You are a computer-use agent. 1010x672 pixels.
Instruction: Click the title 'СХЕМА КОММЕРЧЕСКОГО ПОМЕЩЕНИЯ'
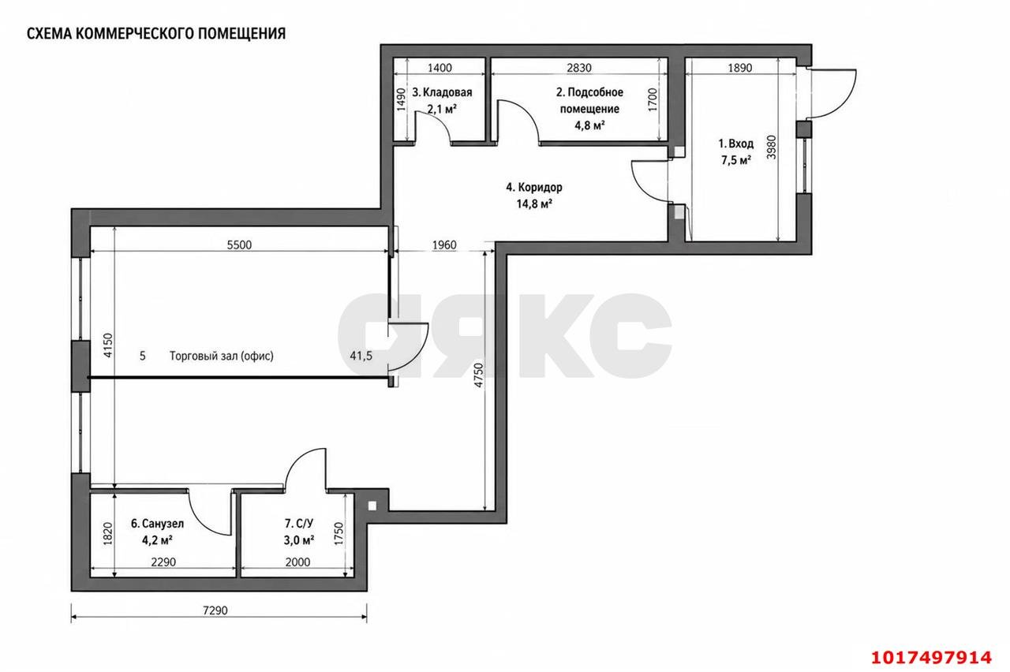point(156,34)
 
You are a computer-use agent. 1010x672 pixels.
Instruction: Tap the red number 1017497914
point(931,658)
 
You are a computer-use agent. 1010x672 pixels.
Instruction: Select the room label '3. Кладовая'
point(442,92)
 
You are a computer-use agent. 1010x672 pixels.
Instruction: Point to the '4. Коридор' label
point(534,187)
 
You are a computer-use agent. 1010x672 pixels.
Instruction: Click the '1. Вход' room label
point(736,144)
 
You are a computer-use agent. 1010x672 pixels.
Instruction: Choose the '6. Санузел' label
point(157,524)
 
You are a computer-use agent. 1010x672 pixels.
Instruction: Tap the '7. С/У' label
point(298,524)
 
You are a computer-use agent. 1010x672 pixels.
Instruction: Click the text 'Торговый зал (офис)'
point(222,356)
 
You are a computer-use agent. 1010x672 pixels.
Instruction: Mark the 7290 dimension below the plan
point(215,610)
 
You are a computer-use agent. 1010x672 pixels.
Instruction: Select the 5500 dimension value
point(239,245)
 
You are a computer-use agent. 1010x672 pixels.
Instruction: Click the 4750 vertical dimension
point(479,375)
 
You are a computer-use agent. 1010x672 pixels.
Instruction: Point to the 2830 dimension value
point(579,68)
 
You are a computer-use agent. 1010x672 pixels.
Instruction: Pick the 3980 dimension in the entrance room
point(772,147)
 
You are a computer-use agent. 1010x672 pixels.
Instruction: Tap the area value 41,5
point(361,356)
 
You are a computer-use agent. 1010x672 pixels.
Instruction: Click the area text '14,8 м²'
point(534,204)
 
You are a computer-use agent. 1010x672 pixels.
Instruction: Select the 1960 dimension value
point(444,245)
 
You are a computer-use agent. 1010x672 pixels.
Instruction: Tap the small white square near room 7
point(372,506)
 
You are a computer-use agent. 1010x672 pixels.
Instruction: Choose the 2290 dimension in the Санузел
point(163,562)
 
